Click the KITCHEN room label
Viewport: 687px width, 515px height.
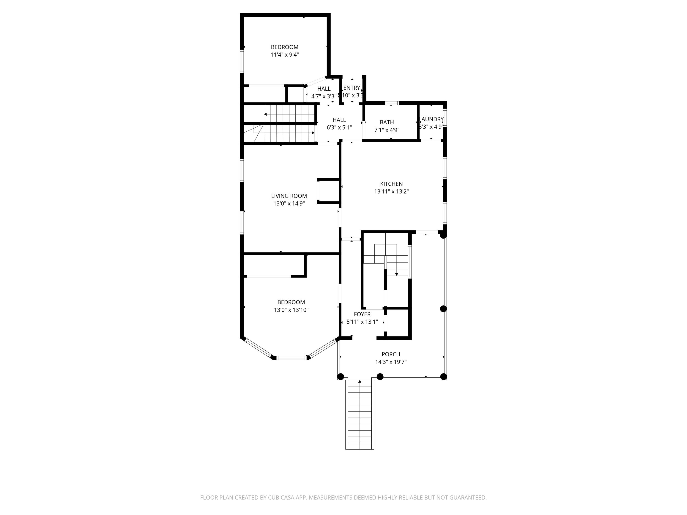391,184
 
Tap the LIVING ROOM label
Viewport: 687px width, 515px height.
289,196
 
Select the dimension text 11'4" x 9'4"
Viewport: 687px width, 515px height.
284,55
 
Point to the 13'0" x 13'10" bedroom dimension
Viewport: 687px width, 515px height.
291,310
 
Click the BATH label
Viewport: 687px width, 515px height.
387,122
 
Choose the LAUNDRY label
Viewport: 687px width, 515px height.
432,119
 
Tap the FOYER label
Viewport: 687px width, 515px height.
362,314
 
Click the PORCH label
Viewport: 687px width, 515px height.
391,354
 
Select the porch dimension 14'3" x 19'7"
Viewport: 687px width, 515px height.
391,362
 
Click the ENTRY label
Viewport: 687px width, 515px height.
352,88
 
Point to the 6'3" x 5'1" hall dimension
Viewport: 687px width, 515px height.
339,127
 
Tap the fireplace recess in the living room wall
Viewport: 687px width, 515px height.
328,191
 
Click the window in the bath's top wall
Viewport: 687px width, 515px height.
392,103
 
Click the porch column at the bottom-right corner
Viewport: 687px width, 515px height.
444,377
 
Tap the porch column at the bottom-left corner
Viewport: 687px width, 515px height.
341,377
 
